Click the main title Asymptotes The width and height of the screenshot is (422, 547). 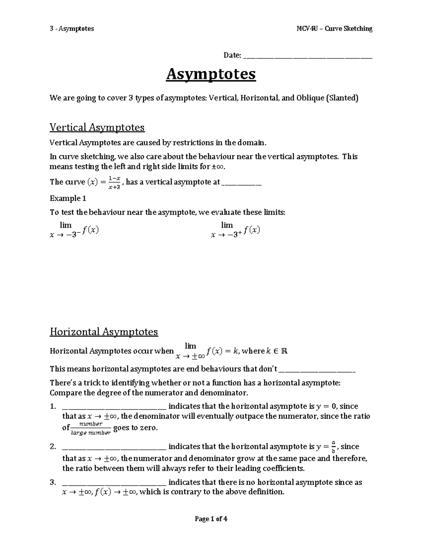tap(211, 74)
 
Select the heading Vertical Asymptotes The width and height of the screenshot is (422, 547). tap(97, 127)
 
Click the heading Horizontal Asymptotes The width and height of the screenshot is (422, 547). tap(104, 332)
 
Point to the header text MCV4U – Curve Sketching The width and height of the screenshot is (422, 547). tap(334, 29)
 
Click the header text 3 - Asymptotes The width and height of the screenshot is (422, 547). tap(72, 29)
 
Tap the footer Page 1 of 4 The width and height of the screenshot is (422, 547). tap(211, 519)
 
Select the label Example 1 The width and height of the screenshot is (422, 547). tap(68, 198)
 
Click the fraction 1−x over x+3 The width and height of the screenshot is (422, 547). tap(114, 182)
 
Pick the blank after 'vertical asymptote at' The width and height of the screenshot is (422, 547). tap(242, 184)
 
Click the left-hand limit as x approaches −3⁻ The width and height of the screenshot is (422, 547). tap(74, 230)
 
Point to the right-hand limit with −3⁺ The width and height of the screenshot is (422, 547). tap(235, 230)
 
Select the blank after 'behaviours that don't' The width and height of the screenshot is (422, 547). tap(317, 371)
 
